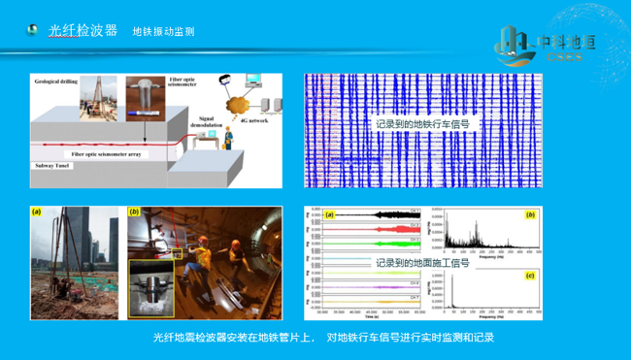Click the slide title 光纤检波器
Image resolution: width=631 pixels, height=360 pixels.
[83, 31]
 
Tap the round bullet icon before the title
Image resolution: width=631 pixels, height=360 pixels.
[33, 31]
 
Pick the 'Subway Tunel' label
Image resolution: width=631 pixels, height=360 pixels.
[52, 166]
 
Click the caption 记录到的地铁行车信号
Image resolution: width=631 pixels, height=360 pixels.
[422, 124]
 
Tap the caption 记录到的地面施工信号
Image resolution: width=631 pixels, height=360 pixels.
[422, 262]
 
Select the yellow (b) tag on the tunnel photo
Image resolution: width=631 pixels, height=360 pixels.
[134, 212]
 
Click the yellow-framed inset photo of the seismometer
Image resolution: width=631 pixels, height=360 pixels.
[152, 287]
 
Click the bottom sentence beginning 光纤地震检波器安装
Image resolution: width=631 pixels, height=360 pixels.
[316, 339]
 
